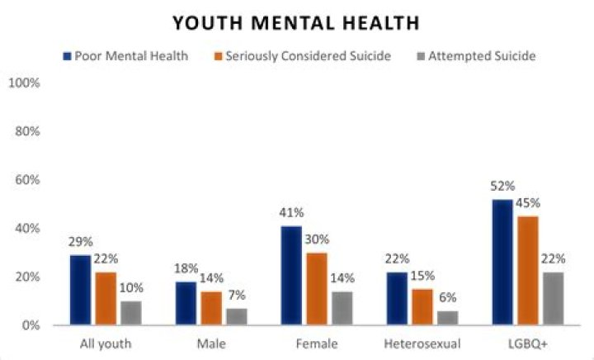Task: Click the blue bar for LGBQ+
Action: pyautogui.click(x=502, y=263)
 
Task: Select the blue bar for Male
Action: pyautogui.click(x=186, y=303)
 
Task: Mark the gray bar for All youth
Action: pyautogui.click(x=130, y=313)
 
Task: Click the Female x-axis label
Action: pyautogui.click(x=316, y=342)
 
